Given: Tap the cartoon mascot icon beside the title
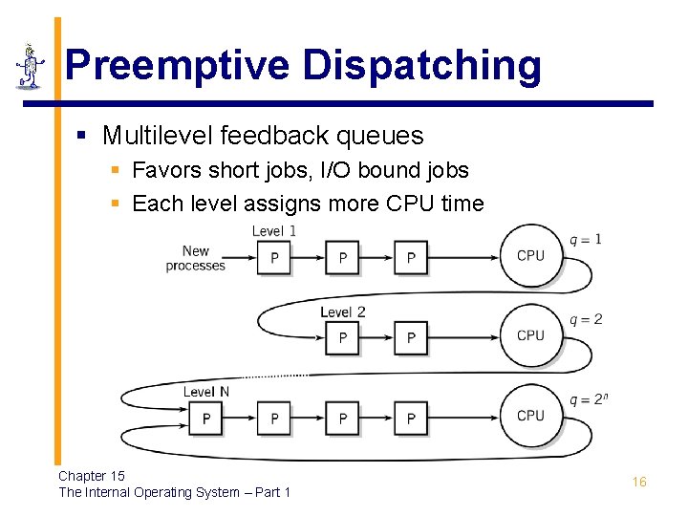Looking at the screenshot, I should click(x=31, y=66).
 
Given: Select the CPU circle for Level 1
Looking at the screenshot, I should click(x=530, y=256).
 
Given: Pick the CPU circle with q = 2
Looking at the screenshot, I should click(x=530, y=336).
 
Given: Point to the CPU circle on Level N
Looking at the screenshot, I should click(x=530, y=417).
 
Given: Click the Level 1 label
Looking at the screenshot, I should click(x=274, y=231).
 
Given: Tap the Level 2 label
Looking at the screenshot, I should click(x=342, y=312).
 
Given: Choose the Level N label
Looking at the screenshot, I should click(x=205, y=392).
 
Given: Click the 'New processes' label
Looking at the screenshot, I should click(x=196, y=258).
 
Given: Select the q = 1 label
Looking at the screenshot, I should click(x=585, y=239).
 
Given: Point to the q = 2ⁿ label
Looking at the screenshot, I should click(x=588, y=398).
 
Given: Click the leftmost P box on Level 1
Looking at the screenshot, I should click(x=274, y=258).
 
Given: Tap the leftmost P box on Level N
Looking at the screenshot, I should click(x=206, y=419).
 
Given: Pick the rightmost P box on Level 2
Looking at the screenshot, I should click(x=411, y=338).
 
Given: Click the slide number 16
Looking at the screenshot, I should click(x=639, y=483).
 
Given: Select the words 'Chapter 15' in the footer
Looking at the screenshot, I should click(x=92, y=476).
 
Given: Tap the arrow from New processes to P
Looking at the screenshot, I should click(x=242, y=257).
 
